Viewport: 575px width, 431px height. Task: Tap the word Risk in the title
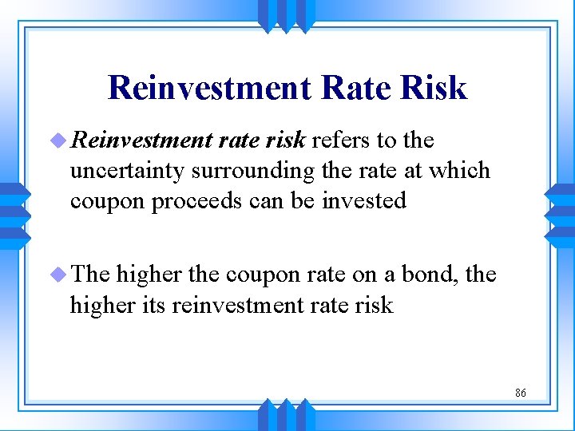tap(436, 88)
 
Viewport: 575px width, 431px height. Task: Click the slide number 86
tap(520, 393)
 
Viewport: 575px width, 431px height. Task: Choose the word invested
tap(364, 200)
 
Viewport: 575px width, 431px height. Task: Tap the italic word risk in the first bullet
tap(285, 141)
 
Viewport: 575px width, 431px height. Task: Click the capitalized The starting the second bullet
tap(89, 275)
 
